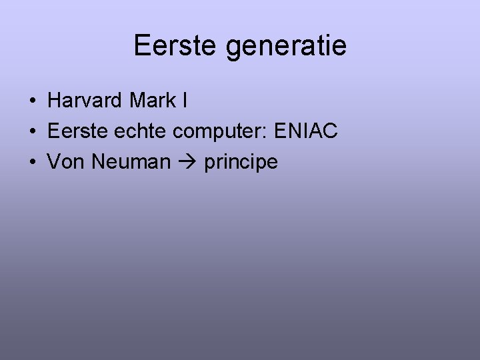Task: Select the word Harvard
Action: tap(85, 101)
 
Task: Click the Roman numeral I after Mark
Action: tap(183, 101)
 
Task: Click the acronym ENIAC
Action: tap(307, 131)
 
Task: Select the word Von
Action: tap(65, 162)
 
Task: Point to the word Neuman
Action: tap(131, 162)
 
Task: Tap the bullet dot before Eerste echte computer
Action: tap(33, 132)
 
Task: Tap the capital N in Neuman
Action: tap(97, 162)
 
